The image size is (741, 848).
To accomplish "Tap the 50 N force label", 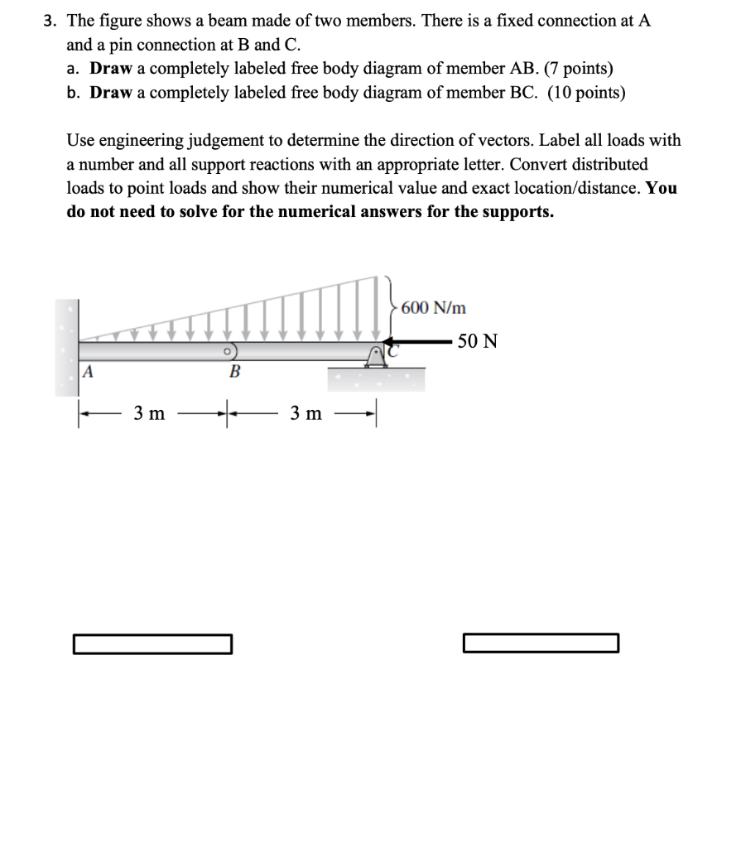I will (478, 341).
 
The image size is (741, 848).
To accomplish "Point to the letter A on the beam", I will (86, 372).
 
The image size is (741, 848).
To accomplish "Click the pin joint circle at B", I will (225, 351).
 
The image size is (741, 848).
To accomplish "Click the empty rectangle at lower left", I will (152, 643).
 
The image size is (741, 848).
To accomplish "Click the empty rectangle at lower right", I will (541, 643).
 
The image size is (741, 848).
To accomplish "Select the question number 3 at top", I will (49, 22).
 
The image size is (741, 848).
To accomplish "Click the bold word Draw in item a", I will (109, 68).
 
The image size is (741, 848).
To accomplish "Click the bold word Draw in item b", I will (109, 92).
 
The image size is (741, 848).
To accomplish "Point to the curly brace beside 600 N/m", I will (389, 306).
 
